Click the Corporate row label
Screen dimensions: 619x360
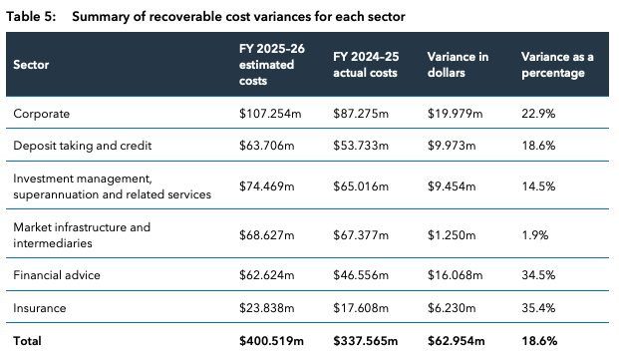[x=42, y=114]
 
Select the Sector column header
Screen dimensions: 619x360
[x=31, y=65]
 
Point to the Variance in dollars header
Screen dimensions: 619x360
[x=458, y=65]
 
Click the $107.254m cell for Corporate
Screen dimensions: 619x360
[x=270, y=114]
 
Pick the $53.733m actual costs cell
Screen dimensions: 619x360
[x=361, y=146]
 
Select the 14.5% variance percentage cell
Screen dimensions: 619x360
[x=538, y=185]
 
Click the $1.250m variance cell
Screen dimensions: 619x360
[x=452, y=235]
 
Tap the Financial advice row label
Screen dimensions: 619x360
[x=57, y=275]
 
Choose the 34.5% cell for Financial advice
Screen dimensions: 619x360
[x=538, y=275]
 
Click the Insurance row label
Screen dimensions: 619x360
[x=40, y=308]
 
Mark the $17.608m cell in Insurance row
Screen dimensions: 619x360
[x=361, y=308]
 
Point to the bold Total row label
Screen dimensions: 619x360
[x=27, y=341]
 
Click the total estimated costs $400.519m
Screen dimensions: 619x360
[x=271, y=341]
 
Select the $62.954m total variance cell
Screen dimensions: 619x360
[x=457, y=341]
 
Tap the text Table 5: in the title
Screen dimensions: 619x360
[x=31, y=17]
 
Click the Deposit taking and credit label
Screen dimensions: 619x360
[x=83, y=146]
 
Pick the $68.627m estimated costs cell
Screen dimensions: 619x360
[x=267, y=235]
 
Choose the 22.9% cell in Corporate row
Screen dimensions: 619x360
[x=538, y=114]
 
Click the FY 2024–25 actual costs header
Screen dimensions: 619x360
[x=366, y=65]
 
